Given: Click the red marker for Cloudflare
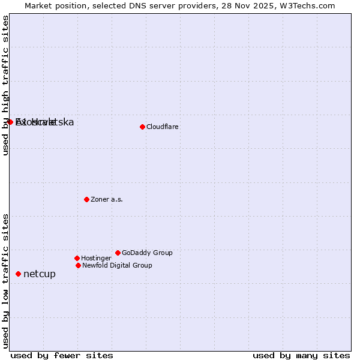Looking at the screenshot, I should (142, 127).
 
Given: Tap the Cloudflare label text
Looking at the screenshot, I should (163, 127).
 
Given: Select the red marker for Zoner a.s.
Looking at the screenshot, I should (86, 199).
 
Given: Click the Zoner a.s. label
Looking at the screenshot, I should (107, 199).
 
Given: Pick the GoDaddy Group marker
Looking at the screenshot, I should (118, 253).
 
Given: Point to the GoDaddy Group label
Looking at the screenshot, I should (147, 253).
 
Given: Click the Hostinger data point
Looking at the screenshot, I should (77, 258).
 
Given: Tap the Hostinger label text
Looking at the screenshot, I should (96, 258).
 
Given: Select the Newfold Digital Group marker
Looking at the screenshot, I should (78, 265).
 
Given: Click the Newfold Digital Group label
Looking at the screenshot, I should (117, 265).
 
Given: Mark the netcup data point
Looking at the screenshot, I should (18, 274).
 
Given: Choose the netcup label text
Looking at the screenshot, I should (40, 274).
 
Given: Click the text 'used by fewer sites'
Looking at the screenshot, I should (62, 355).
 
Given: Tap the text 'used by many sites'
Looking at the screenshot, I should (301, 355).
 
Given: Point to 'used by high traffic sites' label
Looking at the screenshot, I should (6, 85).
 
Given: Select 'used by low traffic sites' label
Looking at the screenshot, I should (6, 280).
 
